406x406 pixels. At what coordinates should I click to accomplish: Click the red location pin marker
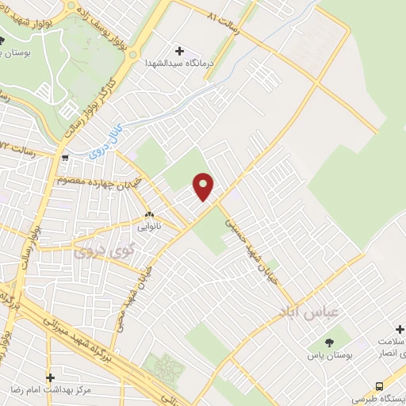point(205,186)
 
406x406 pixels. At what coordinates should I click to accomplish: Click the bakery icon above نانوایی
point(148,214)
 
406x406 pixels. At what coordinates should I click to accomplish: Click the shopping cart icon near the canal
point(64,157)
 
